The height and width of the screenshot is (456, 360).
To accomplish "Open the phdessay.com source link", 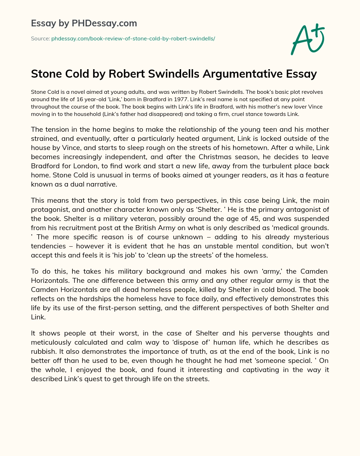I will [133, 39].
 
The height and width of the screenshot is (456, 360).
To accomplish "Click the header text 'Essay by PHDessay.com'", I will [84, 23].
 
